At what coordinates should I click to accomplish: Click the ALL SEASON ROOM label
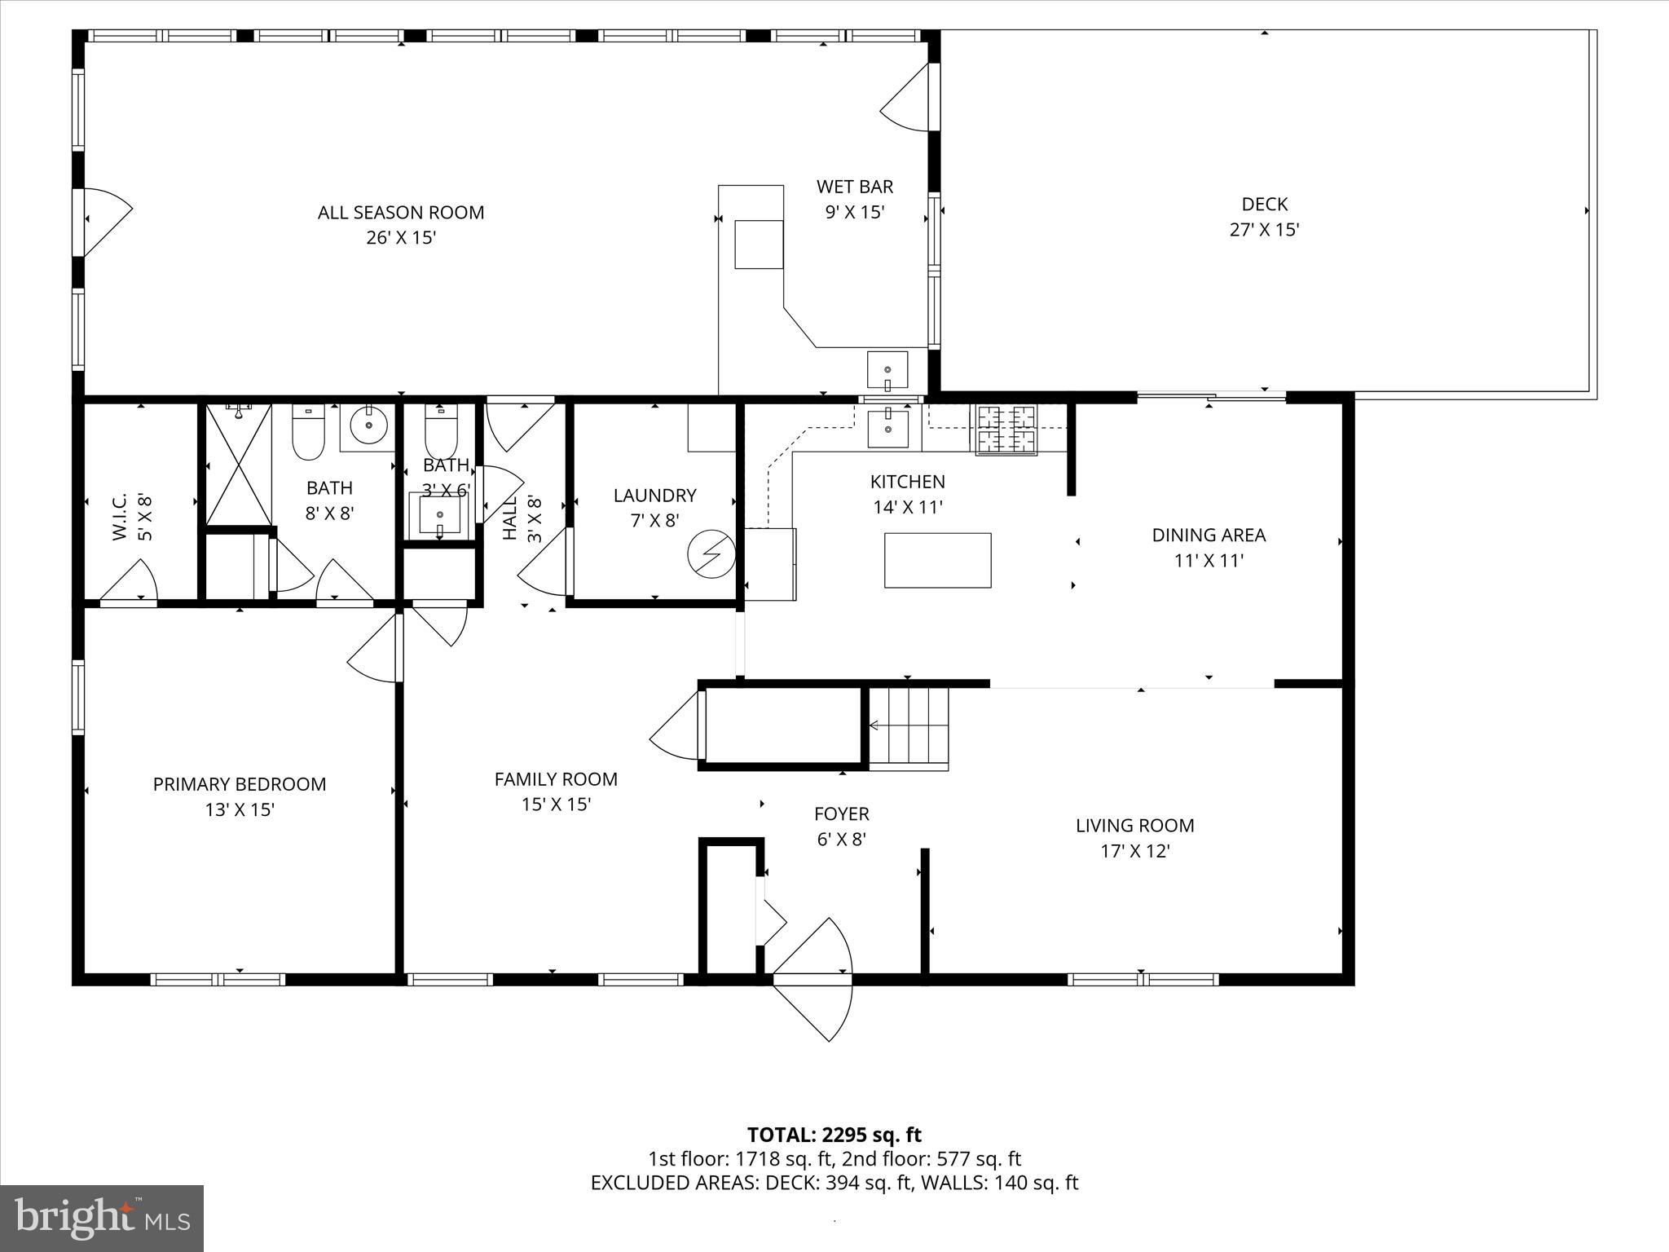[400, 213]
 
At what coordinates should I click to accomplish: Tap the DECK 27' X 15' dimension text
[1264, 230]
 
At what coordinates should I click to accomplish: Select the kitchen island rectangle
[937, 560]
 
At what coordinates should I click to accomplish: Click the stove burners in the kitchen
[1003, 430]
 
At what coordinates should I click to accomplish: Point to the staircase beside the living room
[909, 727]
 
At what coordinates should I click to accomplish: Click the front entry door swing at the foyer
[813, 978]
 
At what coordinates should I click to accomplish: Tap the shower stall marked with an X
[237, 465]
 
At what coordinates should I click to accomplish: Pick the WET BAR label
[854, 187]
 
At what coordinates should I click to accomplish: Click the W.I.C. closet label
[119, 517]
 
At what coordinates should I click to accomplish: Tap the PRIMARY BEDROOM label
[239, 784]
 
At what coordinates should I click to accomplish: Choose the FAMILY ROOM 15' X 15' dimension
[556, 805]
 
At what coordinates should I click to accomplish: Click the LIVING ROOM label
[1134, 825]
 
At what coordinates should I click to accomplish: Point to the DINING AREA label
[1208, 536]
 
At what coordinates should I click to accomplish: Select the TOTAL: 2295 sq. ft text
[834, 1135]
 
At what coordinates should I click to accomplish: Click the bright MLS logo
[102, 1219]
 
